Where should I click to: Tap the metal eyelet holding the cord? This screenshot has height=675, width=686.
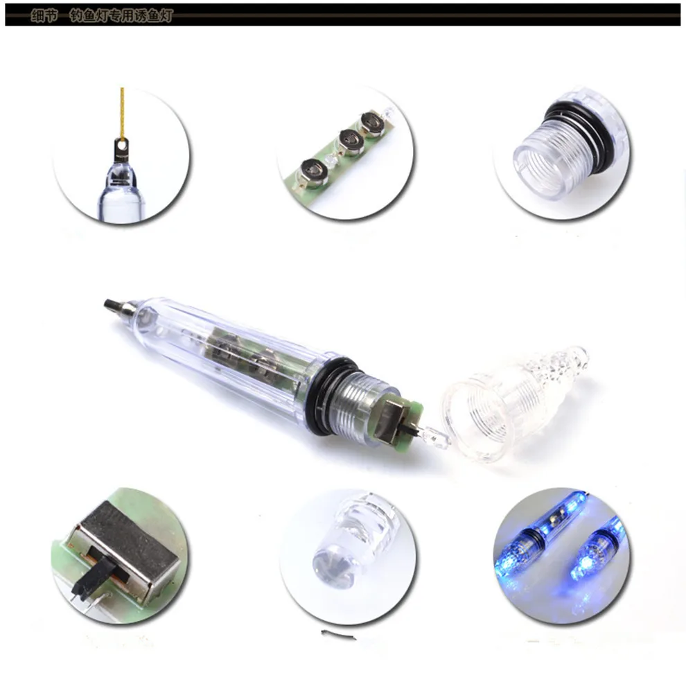click(123, 148)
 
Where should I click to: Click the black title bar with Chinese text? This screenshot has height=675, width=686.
click(342, 15)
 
